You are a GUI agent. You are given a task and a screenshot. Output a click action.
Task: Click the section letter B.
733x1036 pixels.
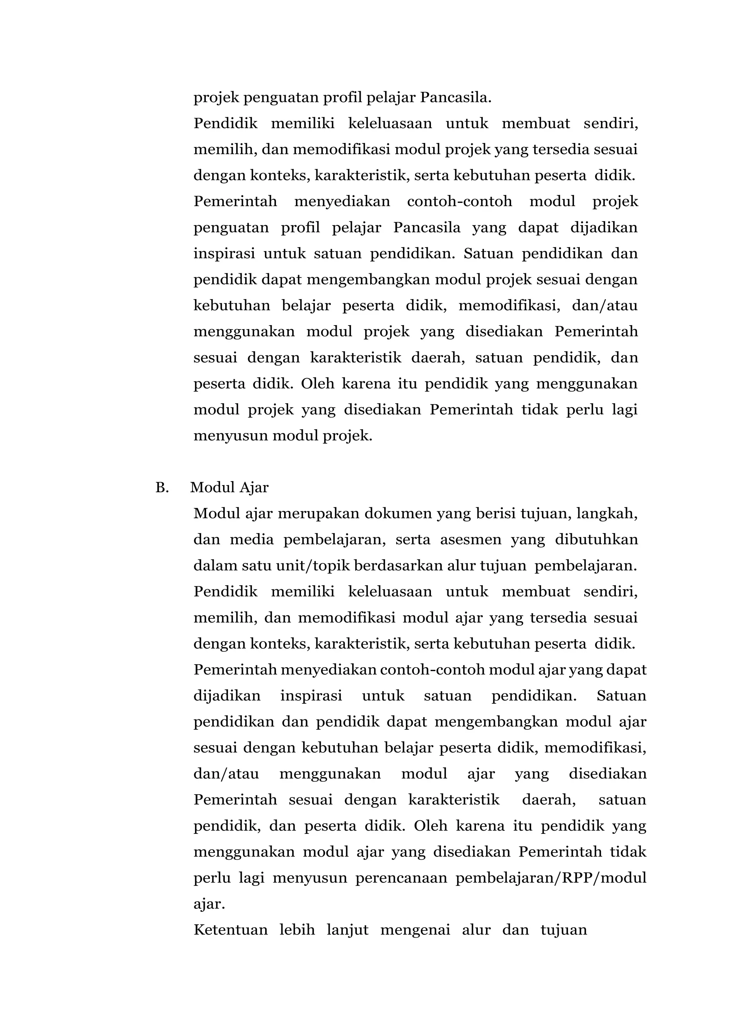tap(161, 488)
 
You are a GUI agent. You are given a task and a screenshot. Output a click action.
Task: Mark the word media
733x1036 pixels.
tap(252, 540)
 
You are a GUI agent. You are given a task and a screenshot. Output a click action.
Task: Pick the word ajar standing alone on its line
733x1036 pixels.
tap(209, 904)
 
